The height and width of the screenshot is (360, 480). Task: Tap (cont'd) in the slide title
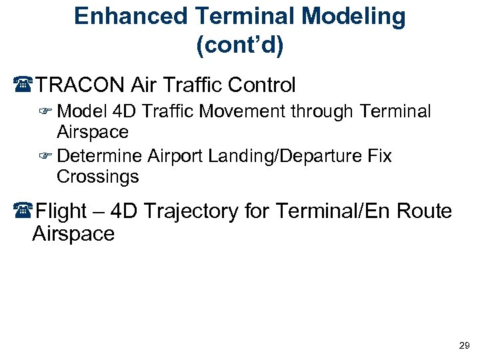click(x=240, y=45)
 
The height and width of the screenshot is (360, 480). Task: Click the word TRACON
click(x=81, y=85)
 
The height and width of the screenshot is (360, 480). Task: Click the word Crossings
click(x=98, y=177)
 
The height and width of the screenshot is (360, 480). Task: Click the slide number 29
click(x=464, y=345)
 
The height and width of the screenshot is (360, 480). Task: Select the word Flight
click(x=61, y=212)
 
